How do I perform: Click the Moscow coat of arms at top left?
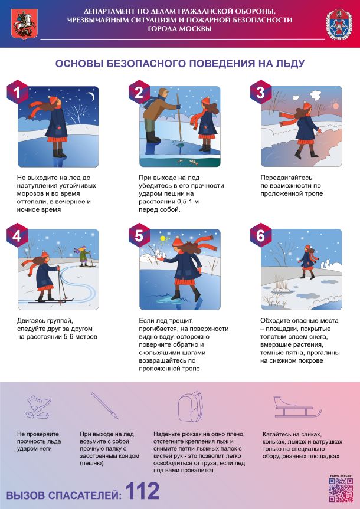click(x=24, y=24)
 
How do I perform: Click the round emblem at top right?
click(x=339, y=24)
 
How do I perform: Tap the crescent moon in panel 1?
click(x=91, y=96)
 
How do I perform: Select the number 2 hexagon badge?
click(x=139, y=92)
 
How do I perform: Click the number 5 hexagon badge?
click(x=139, y=235)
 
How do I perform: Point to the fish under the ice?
click(x=189, y=162)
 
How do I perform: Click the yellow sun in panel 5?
click(x=162, y=239)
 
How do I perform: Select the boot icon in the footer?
click(x=38, y=407)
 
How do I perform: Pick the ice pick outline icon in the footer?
click(x=104, y=405)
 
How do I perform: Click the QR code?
click(x=341, y=490)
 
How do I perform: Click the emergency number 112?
click(x=142, y=491)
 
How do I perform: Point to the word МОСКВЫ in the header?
click(x=179, y=28)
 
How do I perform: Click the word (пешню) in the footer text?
click(x=91, y=463)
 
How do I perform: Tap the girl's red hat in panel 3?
click(x=307, y=105)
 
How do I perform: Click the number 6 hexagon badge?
click(x=261, y=235)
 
